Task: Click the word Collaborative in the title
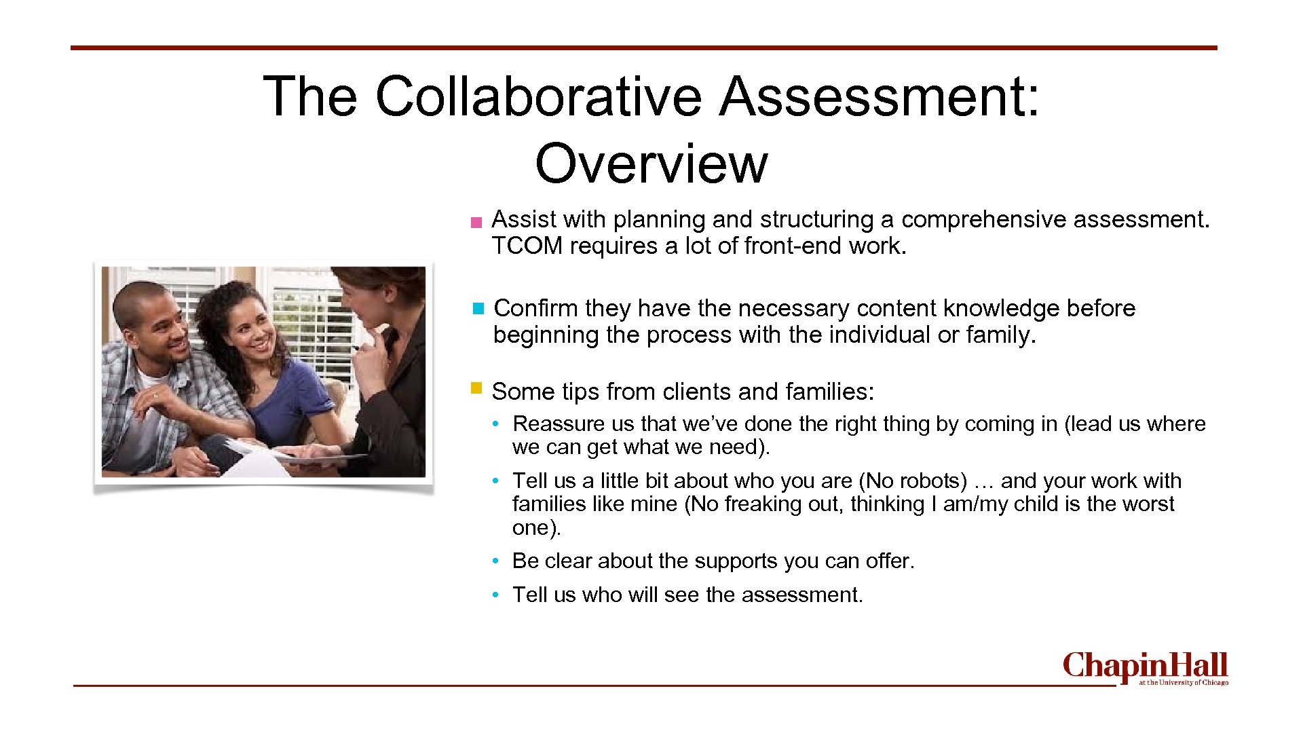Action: tap(538, 96)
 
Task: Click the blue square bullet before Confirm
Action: tap(478, 309)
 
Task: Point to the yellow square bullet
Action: tap(476, 389)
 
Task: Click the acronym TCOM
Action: tap(527, 246)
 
